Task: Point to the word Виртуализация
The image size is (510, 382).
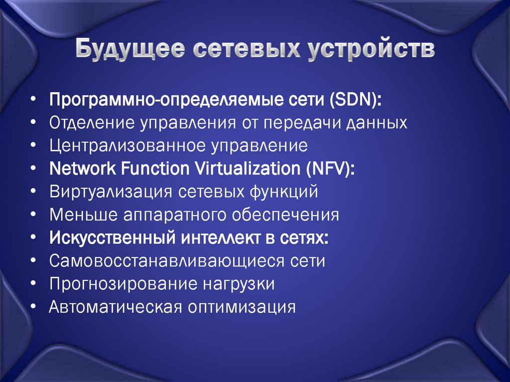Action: [111, 192]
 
